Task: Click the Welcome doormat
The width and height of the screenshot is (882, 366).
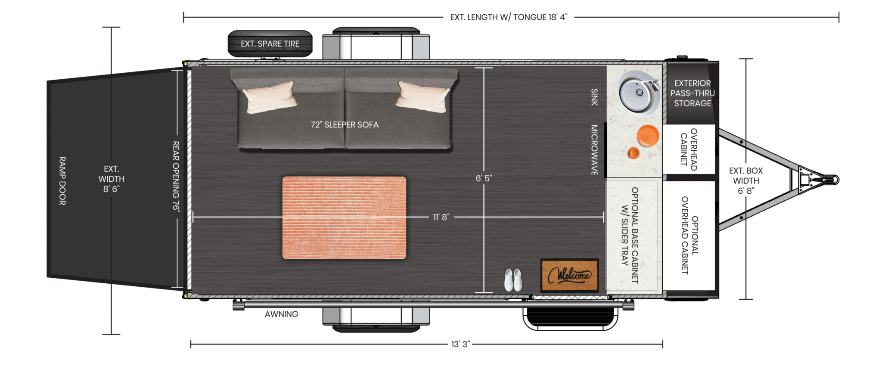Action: (x=569, y=276)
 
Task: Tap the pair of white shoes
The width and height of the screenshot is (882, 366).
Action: (x=513, y=280)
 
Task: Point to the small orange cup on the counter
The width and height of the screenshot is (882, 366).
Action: (x=634, y=152)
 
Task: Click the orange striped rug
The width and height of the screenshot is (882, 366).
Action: (x=344, y=217)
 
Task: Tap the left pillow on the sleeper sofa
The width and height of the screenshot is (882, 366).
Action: (x=270, y=97)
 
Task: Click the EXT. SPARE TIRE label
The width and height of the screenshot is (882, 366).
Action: (x=270, y=44)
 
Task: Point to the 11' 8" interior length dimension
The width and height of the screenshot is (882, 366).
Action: (x=441, y=217)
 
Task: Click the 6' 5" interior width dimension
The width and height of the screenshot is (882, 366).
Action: (x=484, y=178)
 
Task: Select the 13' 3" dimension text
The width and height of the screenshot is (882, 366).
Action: (x=460, y=344)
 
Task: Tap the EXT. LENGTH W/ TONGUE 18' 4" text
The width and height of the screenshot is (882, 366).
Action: (x=509, y=17)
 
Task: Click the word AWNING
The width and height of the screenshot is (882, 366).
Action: (x=282, y=314)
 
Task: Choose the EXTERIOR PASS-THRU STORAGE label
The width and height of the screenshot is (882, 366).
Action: (x=693, y=93)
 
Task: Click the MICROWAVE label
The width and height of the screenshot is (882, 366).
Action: (x=594, y=150)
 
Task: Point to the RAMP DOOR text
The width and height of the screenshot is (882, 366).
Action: (x=62, y=181)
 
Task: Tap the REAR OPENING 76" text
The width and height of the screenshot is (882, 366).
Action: (x=176, y=177)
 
